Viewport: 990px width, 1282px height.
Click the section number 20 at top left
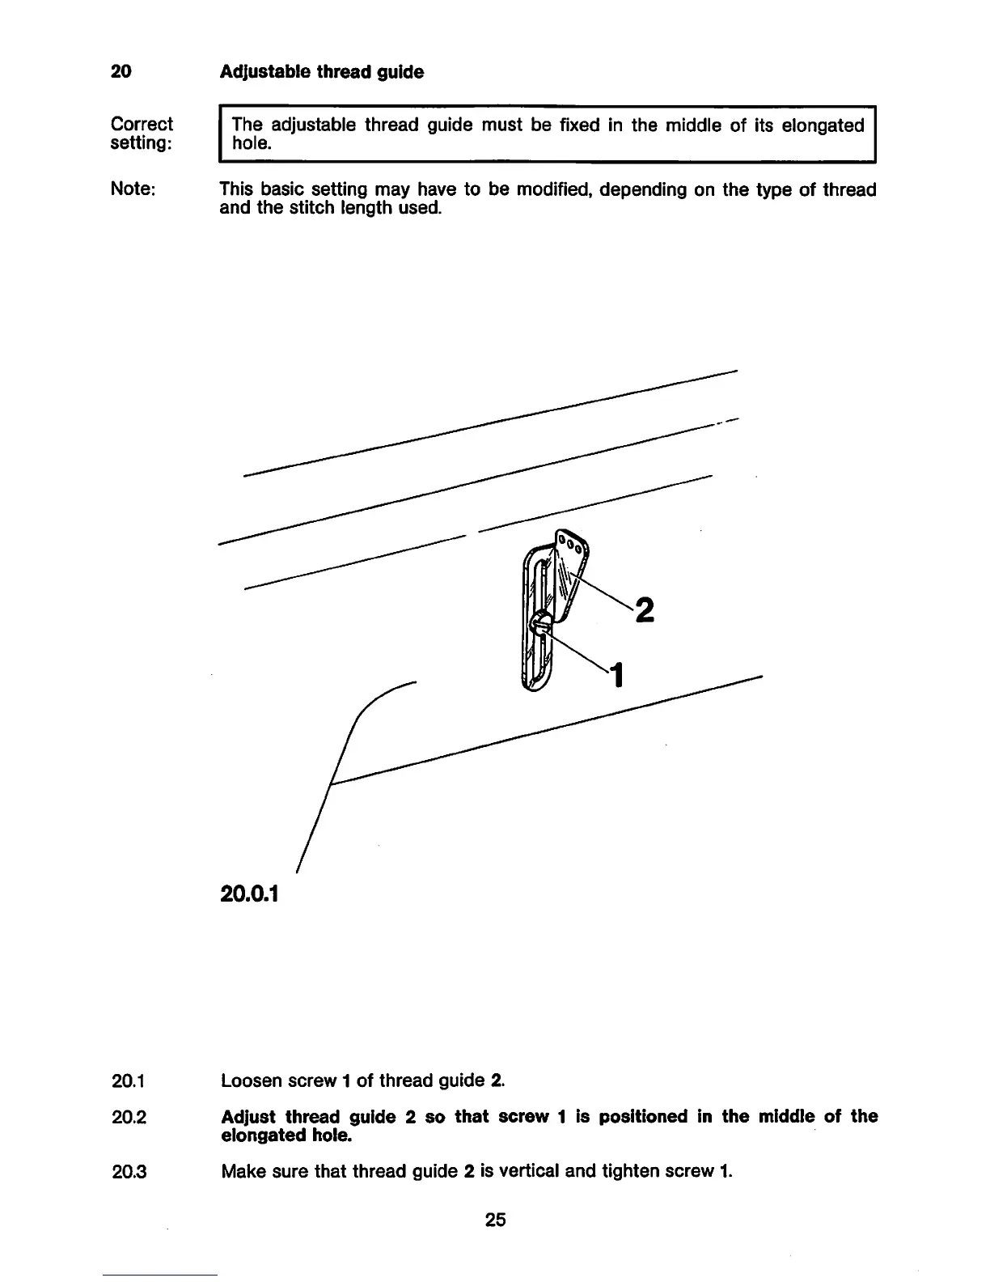[121, 72]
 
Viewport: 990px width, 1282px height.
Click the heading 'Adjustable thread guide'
[322, 72]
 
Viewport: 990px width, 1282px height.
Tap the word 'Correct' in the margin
[142, 125]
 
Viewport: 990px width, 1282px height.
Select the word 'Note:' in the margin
[133, 189]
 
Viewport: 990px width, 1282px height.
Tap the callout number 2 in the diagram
[644, 609]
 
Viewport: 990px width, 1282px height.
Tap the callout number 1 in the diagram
[617, 674]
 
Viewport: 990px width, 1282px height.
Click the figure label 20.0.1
[248, 894]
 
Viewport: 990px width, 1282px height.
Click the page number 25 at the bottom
[495, 1220]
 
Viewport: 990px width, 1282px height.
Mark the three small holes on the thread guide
[573, 543]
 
